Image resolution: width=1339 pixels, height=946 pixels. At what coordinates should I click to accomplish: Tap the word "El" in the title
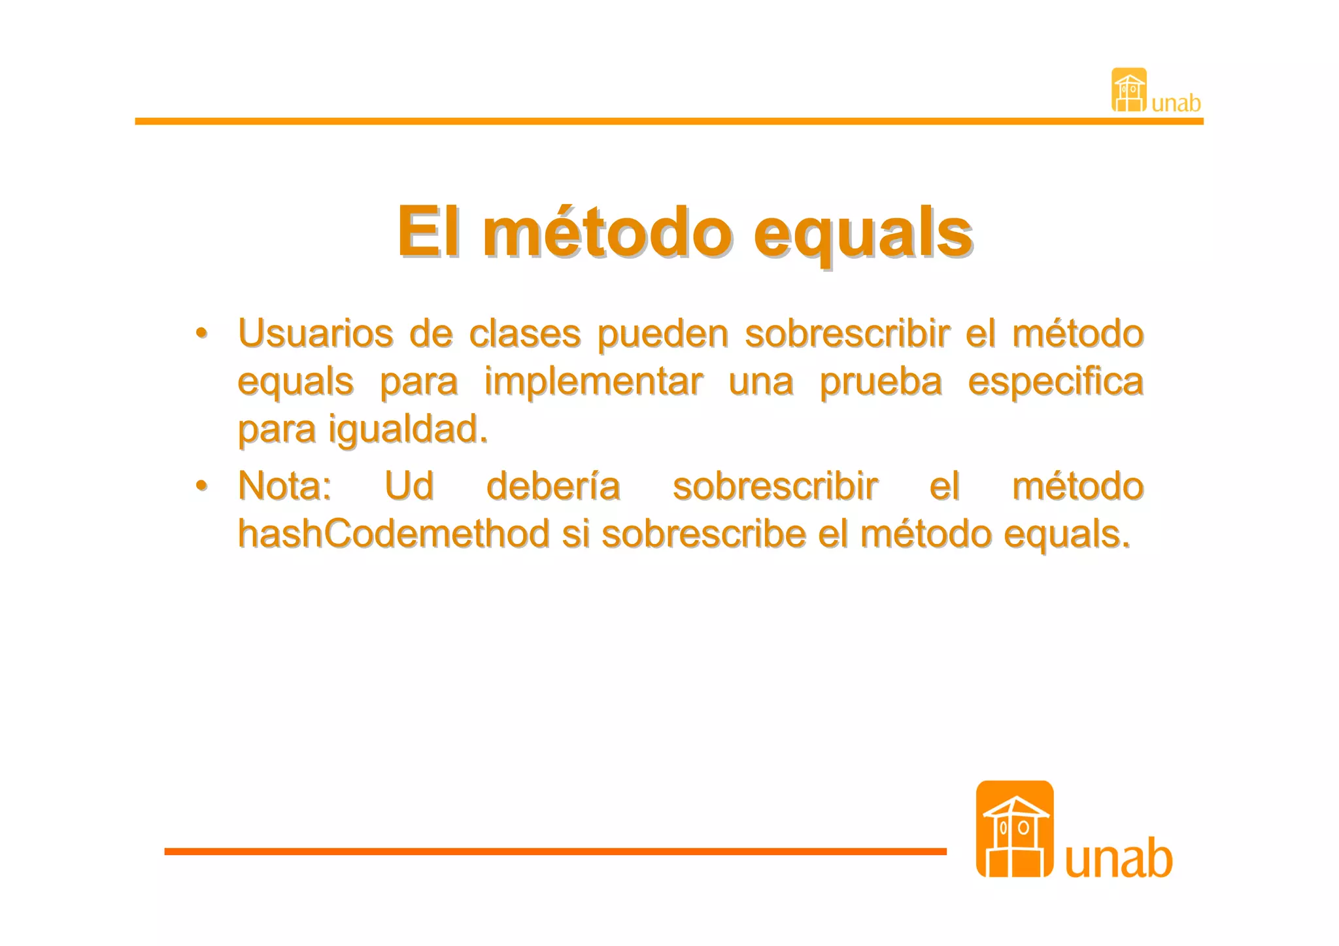(428, 231)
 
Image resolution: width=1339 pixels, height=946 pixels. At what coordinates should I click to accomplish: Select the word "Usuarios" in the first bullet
(315, 333)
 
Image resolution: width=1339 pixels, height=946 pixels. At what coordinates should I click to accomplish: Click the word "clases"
(524, 333)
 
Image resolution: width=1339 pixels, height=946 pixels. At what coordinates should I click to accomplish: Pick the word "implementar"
(594, 382)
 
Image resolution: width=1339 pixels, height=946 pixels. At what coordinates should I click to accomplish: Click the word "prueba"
(881, 382)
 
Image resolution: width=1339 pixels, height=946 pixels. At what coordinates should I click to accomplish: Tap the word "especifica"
(1055, 382)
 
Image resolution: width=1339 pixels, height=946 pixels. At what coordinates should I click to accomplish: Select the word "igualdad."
(408, 430)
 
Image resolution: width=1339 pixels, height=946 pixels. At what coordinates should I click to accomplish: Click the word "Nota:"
(285, 486)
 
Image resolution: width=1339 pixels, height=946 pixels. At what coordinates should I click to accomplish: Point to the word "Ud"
(409, 486)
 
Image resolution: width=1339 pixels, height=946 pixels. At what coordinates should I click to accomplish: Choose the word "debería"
(553, 486)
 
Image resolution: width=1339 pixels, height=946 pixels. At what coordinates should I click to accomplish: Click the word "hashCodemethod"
(394, 533)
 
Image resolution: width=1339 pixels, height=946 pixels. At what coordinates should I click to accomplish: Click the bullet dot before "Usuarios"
(202, 333)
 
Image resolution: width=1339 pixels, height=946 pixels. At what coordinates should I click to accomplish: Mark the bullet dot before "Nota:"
(202, 485)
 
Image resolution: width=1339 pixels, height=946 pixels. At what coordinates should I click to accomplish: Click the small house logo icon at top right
(1129, 90)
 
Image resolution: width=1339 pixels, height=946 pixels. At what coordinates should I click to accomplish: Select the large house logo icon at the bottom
(1015, 829)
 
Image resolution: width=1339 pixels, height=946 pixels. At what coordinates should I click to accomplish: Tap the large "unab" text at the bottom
(1119, 858)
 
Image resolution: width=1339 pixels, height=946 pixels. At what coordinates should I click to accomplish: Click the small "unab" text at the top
(1176, 103)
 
